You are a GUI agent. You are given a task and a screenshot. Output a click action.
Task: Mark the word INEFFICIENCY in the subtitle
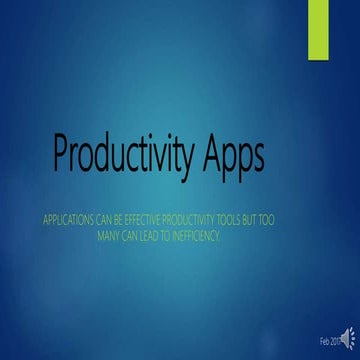(226, 232)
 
